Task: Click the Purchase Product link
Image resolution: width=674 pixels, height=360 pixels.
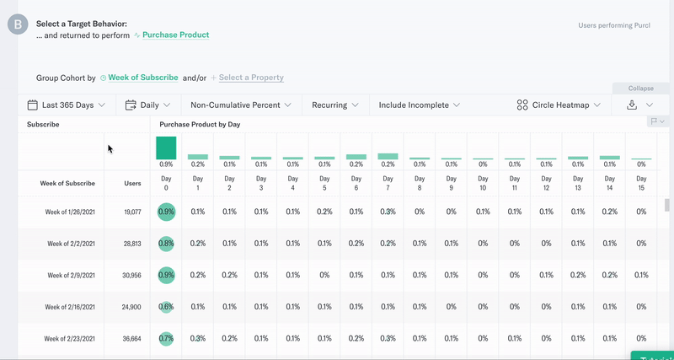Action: click(x=175, y=35)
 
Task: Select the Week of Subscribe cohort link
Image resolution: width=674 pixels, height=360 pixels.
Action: click(x=142, y=78)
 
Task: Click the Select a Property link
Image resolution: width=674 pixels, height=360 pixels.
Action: click(x=251, y=78)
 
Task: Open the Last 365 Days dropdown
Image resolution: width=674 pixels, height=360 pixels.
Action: click(x=67, y=105)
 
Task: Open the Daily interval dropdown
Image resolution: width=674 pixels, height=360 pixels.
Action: click(x=148, y=105)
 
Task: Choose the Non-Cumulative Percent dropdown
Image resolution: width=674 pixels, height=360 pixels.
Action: click(x=241, y=105)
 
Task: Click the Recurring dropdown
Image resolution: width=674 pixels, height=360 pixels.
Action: click(x=335, y=105)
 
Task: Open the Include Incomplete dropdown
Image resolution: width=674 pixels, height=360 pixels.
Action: click(x=420, y=105)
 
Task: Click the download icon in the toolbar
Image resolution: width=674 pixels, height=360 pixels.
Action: click(x=632, y=105)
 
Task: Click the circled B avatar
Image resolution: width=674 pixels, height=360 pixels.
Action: click(x=18, y=24)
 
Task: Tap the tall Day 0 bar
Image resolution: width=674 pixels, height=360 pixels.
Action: click(x=166, y=148)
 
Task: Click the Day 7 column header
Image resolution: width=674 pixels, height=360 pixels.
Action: click(x=388, y=183)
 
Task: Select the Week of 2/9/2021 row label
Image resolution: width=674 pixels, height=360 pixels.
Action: click(x=71, y=275)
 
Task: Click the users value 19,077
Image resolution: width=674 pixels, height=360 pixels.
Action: click(x=132, y=212)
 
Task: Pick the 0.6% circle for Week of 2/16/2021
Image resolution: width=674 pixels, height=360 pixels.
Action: click(x=166, y=307)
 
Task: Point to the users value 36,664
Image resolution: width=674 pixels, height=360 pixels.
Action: click(x=132, y=338)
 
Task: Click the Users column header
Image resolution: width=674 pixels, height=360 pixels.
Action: click(x=132, y=183)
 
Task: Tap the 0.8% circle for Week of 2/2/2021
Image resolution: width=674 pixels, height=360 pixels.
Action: click(x=166, y=244)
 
